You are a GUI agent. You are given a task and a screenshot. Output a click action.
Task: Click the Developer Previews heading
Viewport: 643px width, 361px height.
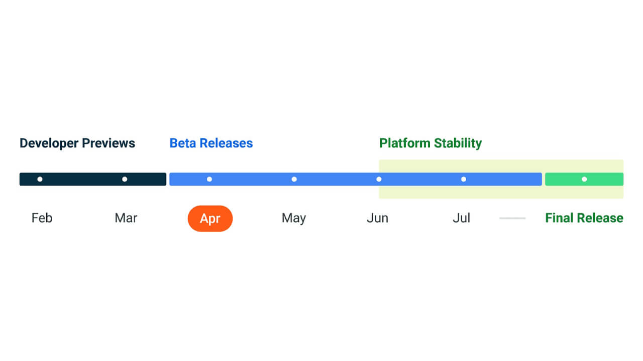pyautogui.click(x=77, y=143)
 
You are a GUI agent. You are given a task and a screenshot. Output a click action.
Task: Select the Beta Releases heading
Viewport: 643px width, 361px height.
pyautogui.click(x=211, y=143)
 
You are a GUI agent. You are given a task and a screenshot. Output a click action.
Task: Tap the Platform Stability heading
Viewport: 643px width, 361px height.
pyautogui.click(x=431, y=143)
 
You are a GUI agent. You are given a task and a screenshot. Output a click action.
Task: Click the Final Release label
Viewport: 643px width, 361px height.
pyautogui.click(x=584, y=218)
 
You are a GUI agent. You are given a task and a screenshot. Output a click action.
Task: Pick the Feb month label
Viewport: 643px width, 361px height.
pyautogui.click(x=42, y=218)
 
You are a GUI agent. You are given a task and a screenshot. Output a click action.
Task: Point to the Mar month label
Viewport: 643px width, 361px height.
pyautogui.click(x=126, y=218)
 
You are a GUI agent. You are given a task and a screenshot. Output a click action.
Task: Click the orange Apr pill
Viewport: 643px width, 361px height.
pyautogui.click(x=210, y=219)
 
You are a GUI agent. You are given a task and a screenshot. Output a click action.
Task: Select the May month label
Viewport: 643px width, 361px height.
pyautogui.click(x=294, y=218)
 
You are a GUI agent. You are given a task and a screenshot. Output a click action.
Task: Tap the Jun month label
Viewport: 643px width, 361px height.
pyautogui.click(x=377, y=218)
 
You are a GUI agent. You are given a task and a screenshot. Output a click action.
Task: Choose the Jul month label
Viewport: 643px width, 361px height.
pyautogui.click(x=461, y=218)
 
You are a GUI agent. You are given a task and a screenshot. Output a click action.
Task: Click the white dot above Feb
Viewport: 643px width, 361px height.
pyautogui.click(x=40, y=179)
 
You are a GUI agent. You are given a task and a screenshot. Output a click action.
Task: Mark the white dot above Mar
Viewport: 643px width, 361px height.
pyautogui.click(x=125, y=179)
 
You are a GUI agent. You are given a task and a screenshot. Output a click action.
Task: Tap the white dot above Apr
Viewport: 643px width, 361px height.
pyautogui.click(x=209, y=179)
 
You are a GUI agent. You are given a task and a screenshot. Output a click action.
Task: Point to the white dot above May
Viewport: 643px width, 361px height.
pyautogui.click(x=294, y=179)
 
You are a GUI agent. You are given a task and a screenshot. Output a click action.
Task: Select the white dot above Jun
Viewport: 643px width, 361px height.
pyautogui.click(x=379, y=179)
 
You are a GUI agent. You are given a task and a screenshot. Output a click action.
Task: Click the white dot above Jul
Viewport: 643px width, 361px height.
pyautogui.click(x=464, y=179)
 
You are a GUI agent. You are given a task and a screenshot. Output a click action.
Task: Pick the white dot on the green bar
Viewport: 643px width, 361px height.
pyautogui.click(x=584, y=179)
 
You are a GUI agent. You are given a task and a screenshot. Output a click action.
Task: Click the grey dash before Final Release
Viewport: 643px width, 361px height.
pyautogui.click(x=512, y=218)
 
